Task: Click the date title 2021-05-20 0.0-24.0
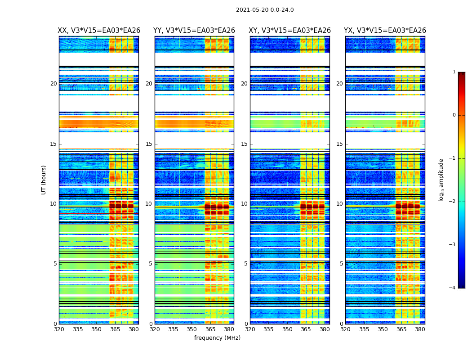coord(265,10)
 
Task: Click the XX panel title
coord(99,31)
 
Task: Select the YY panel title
coord(194,31)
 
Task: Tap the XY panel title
coord(289,31)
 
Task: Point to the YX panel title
coord(385,31)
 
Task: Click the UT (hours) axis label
coord(44,180)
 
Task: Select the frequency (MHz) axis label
coord(217,338)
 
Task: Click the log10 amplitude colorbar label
coord(441,180)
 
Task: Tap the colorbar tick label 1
coord(454,72)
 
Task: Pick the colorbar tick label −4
coord(453,288)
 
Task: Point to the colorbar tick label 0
coord(454,115)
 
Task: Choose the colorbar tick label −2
coord(453,202)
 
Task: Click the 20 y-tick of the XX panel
coord(53,84)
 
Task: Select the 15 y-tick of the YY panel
coord(149,144)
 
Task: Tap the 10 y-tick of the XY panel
coord(244,204)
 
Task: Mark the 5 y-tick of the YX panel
coord(341,264)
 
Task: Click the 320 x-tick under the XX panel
coord(59,329)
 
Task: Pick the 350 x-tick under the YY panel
coord(192,329)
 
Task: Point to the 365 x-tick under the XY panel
coord(306,329)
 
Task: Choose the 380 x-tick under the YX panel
coord(420,329)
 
